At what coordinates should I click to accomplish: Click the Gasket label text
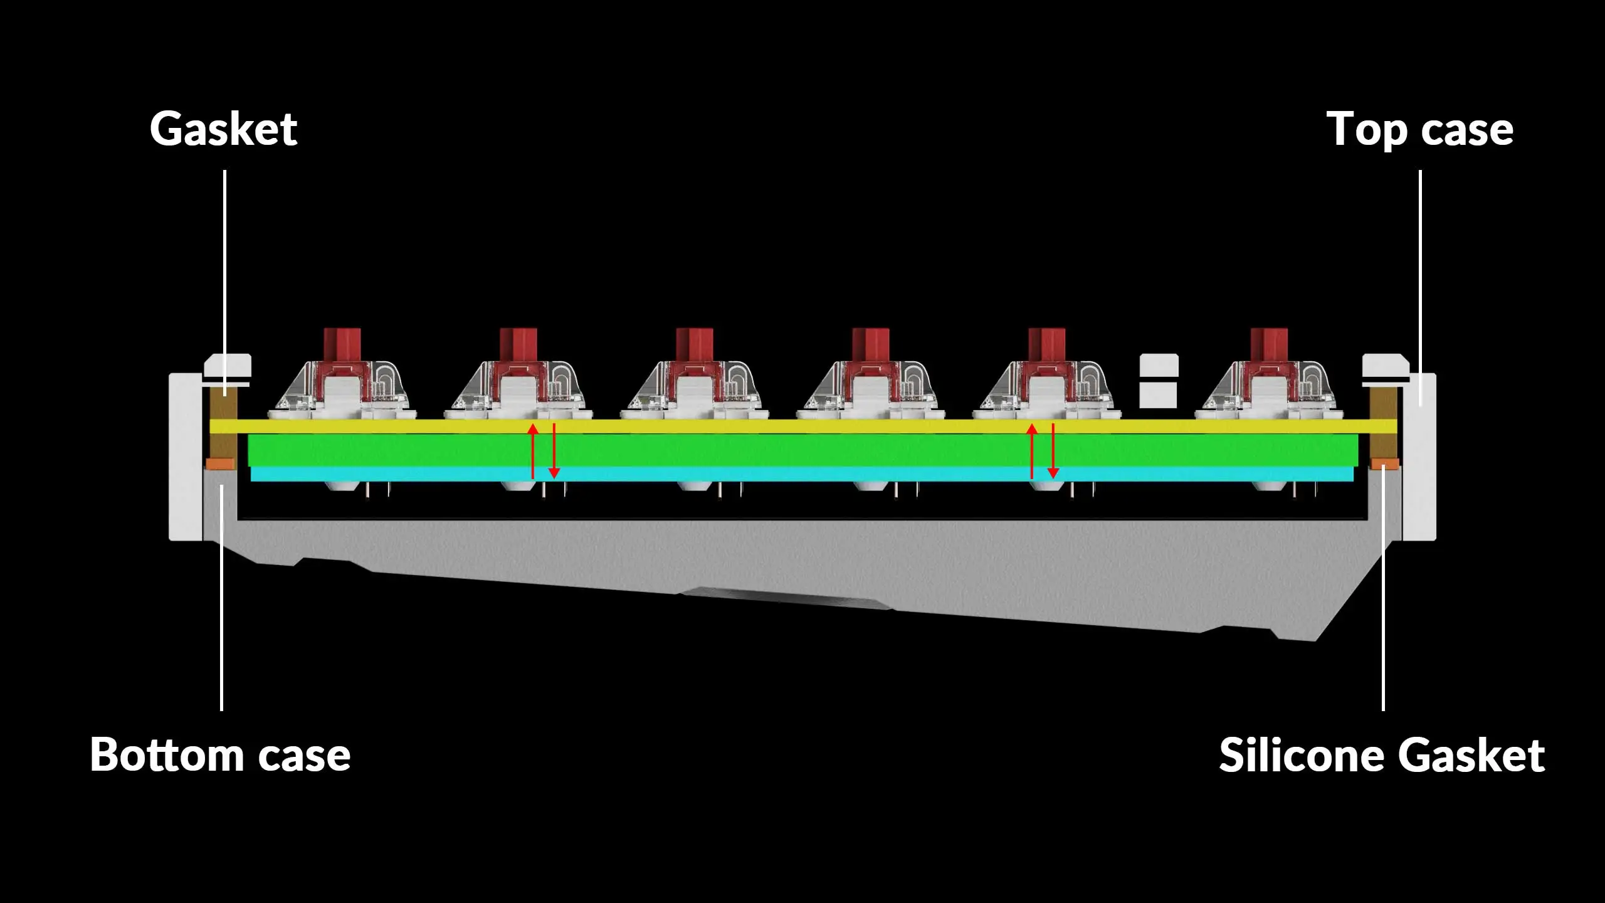click(223, 130)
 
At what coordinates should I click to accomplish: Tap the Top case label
click(1419, 130)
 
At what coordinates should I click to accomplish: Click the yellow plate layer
click(802, 426)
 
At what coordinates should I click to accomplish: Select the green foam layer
click(802, 450)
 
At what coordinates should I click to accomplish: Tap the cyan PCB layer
click(802, 474)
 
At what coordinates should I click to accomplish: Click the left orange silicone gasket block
click(220, 464)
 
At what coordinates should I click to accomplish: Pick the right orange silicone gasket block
click(1384, 464)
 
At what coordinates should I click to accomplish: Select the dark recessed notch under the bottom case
click(784, 597)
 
